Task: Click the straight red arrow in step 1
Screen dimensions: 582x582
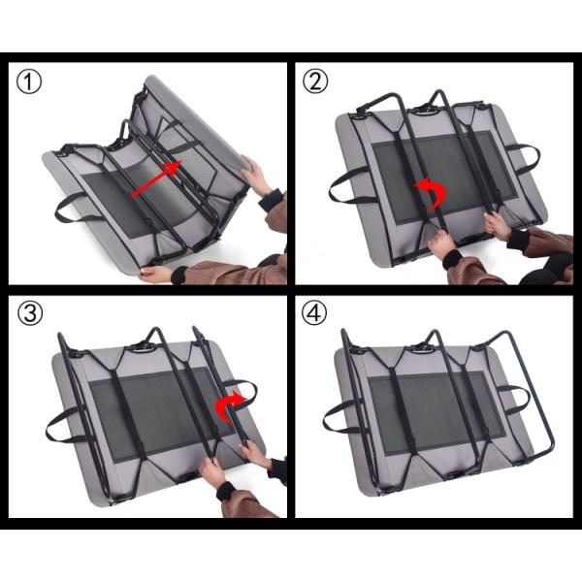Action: coord(155,181)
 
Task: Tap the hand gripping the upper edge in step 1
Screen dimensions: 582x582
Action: coord(257,176)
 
